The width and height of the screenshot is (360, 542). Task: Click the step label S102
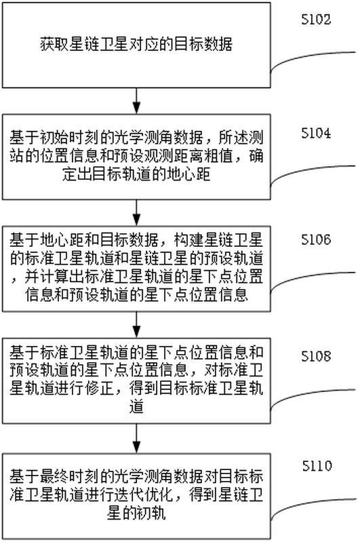(x=316, y=20)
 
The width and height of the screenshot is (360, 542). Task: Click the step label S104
(x=316, y=133)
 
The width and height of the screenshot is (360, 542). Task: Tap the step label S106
(x=316, y=239)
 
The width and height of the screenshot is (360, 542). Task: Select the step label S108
(x=316, y=356)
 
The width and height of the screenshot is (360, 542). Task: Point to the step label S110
(x=317, y=466)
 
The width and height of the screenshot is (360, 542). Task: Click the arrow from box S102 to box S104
(x=137, y=100)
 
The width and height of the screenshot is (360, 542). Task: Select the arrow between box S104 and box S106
(x=137, y=212)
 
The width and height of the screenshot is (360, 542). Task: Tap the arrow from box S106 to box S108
(x=137, y=324)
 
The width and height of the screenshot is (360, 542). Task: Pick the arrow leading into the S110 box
(x=137, y=438)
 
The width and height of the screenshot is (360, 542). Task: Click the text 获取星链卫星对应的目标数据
(x=136, y=45)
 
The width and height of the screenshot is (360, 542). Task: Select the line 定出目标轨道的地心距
(x=136, y=174)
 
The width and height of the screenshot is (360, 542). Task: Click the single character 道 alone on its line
(x=136, y=407)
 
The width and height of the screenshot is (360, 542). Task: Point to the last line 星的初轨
(x=136, y=514)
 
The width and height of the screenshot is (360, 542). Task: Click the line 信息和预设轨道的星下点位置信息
(x=136, y=295)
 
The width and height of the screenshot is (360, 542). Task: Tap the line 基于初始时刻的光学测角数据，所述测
(x=136, y=138)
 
